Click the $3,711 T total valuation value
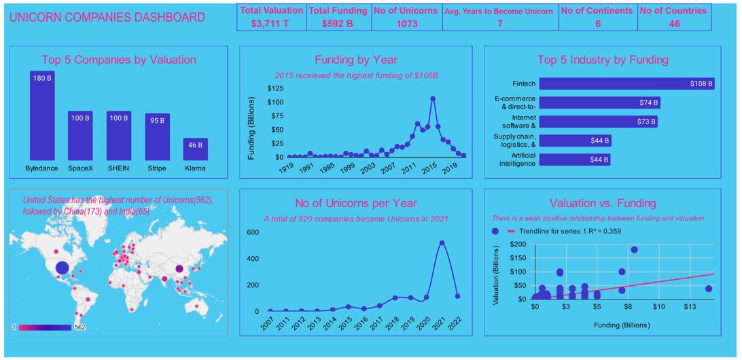click(271, 24)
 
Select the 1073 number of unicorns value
click(406, 24)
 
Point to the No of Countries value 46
click(673, 24)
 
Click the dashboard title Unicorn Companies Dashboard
click(107, 17)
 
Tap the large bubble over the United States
click(62, 268)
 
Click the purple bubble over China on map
click(179, 270)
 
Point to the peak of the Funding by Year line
click(433, 98)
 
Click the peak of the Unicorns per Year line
click(442, 242)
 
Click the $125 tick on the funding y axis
click(276, 88)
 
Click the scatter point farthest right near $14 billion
click(709, 289)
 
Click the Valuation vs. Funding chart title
click(602, 203)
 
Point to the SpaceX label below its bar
click(81, 168)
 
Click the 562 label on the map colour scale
click(79, 327)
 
